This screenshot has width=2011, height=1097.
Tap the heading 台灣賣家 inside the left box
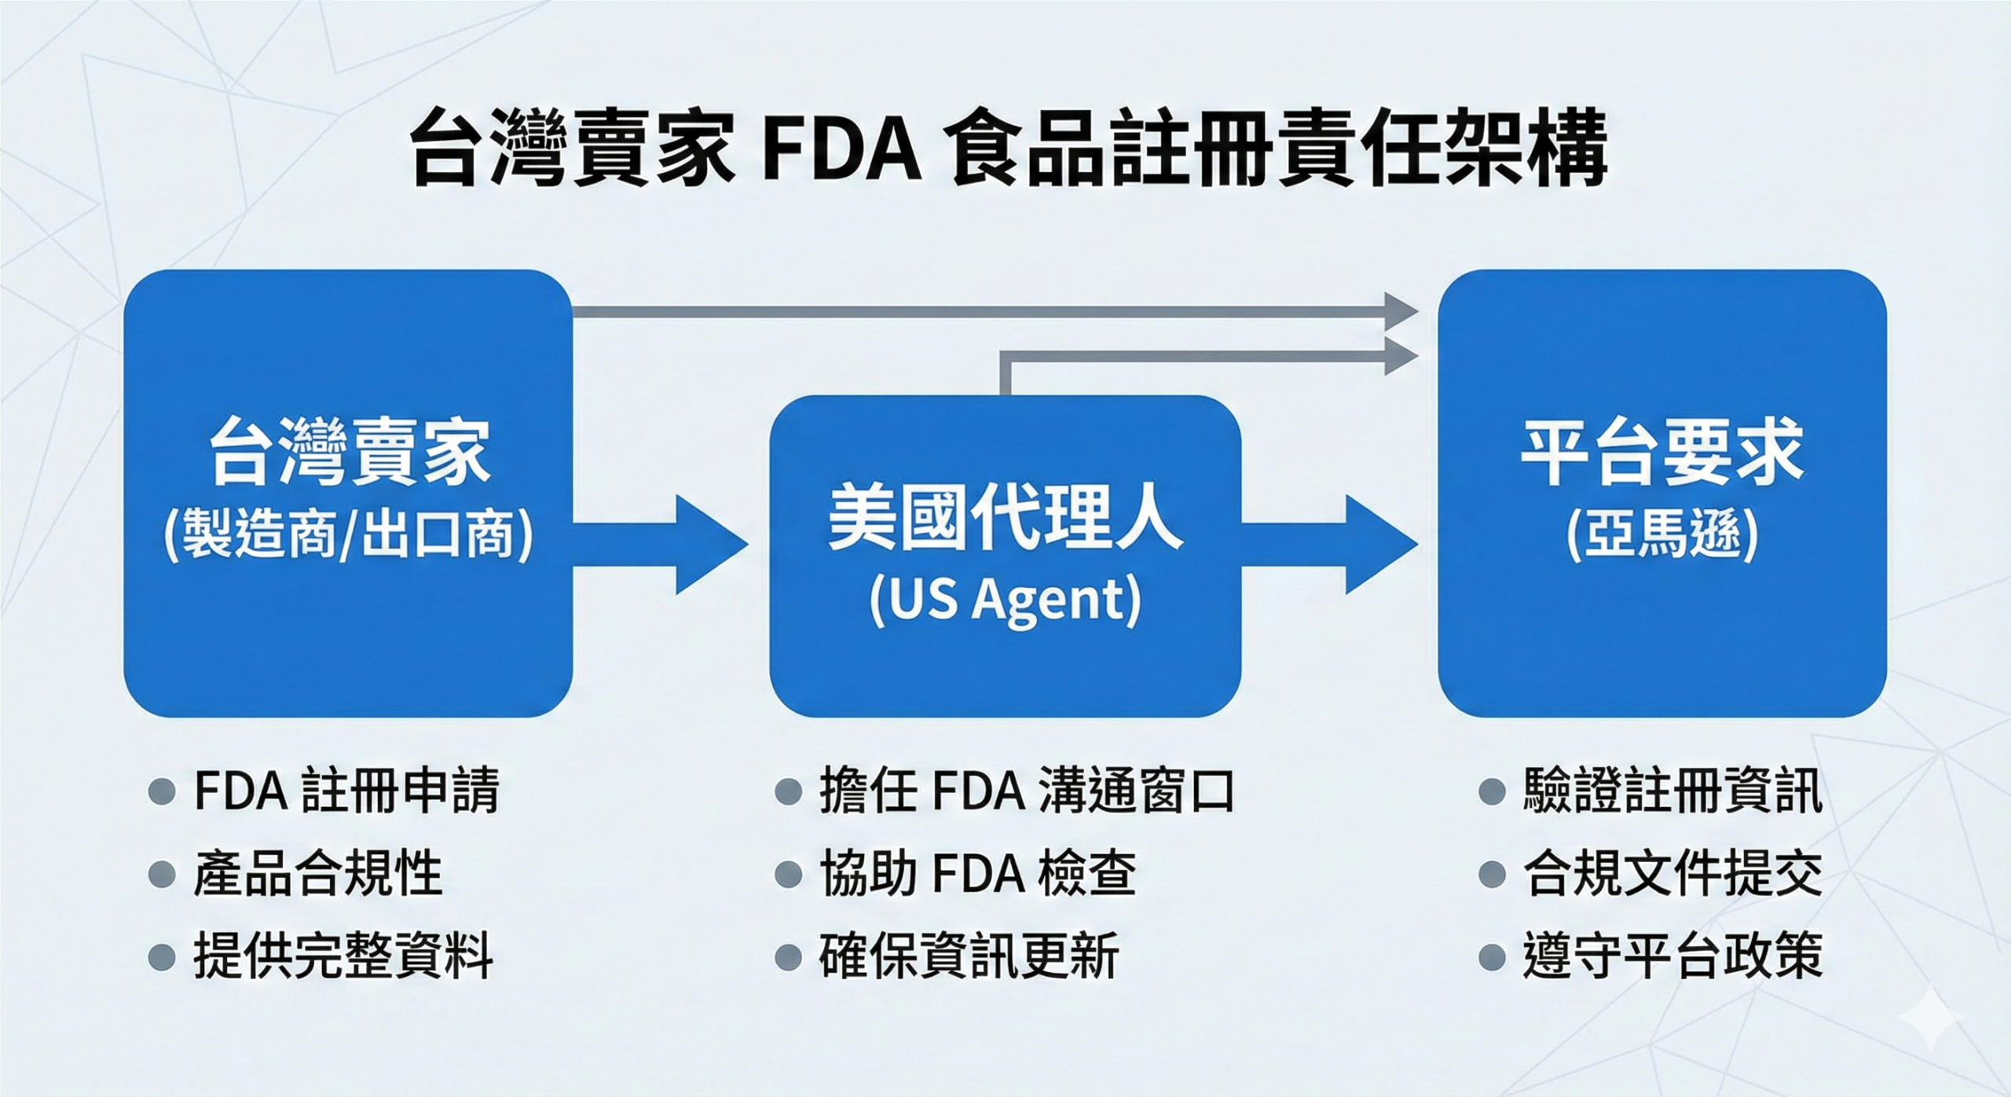tap(348, 453)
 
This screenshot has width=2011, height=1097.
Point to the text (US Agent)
tap(1005, 601)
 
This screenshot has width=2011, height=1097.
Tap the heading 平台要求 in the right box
tap(1661, 453)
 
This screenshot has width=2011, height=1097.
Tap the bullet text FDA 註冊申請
tap(346, 791)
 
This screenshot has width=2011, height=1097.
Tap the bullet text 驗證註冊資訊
tap(1672, 791)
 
